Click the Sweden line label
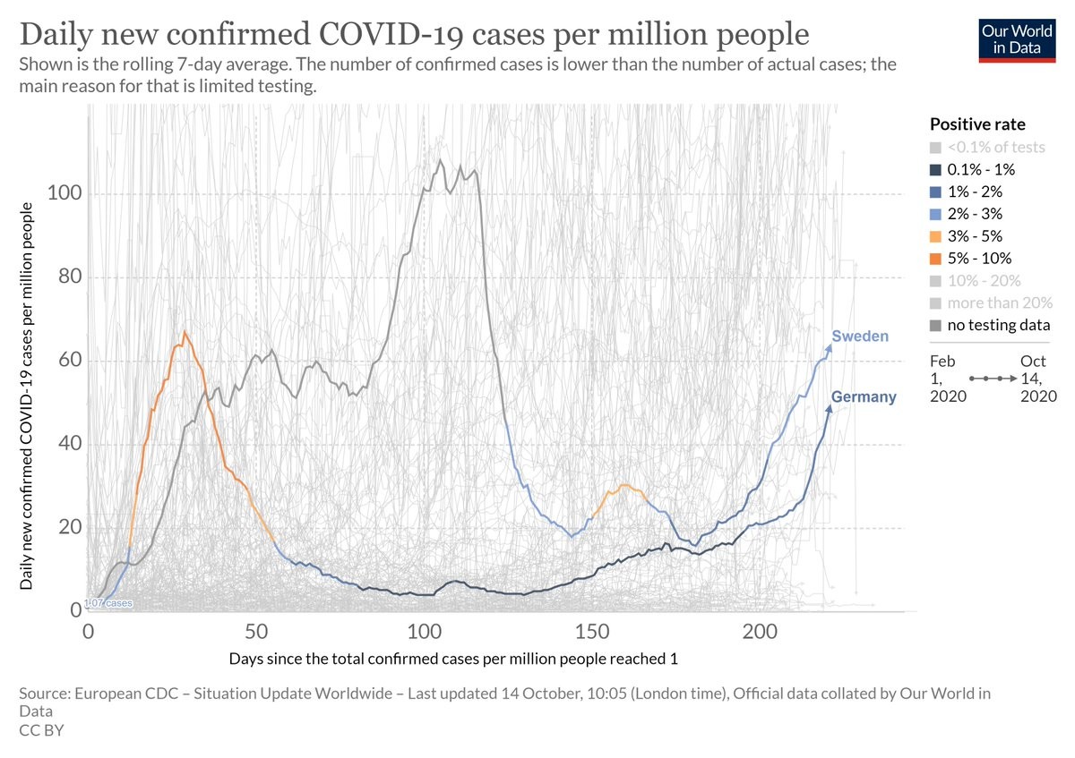coord(860,336)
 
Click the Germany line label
coord(864,397)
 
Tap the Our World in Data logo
coord(1017,38)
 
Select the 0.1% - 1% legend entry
coord(971,169)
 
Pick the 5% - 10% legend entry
coord(971,259)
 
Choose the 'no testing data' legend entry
coord(989,326)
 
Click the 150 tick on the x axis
coord(591,631)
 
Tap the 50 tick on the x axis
coord(255,631)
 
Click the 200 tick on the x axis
coord(760,631)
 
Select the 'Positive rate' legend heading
coord(977,124)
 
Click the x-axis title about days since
coord(452,660)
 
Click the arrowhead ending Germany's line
coord(829,408)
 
